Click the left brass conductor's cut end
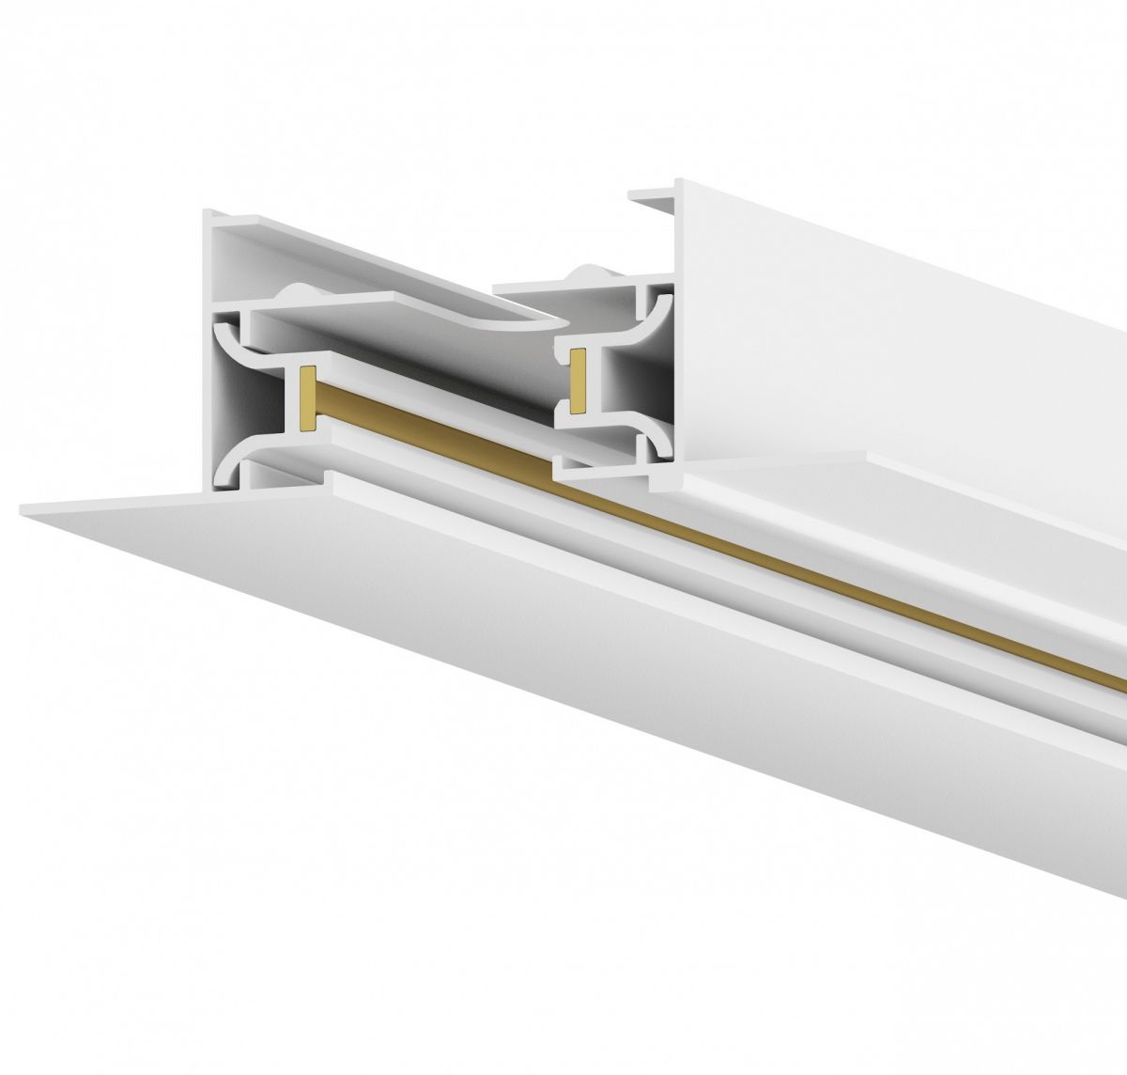pyautogui.click(x=305, y=396)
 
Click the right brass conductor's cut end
pyautogui.click(x=579, y=381)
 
